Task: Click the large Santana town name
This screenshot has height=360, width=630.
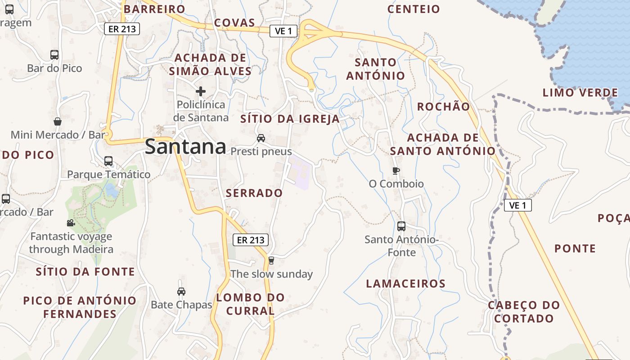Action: pyautogui.click(x=185, y=147)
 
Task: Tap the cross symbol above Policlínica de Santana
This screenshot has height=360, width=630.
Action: pyautogui.click(x=201, y=91)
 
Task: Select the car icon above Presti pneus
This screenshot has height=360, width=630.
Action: pyautogui.click(x=261, y=138)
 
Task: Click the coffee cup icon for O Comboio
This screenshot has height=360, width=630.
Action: pyautogui.click(x=396, y=171)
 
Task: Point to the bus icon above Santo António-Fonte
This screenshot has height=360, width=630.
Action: pyautogui.click(x=401, y=226)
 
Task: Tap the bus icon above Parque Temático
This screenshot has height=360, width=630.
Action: pyautogui.click(x=108, y=161)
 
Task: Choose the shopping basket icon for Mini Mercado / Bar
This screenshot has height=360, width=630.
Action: pyautogui.click(x=58, y=121)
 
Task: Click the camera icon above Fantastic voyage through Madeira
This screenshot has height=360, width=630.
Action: pyautogui.click(x=71, y=223)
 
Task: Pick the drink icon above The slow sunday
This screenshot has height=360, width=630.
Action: pyautogui.click(x=271, y=260)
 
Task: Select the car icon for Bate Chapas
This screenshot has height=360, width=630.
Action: pyautogui.click(x=181, y=292)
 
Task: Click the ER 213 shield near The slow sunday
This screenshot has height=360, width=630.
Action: pyautogui.click(x=251, y=240)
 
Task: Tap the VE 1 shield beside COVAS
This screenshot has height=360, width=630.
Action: pyautogui.click(x=283, y=31)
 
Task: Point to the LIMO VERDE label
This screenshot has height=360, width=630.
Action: pyautogui.click(x=580, y=93)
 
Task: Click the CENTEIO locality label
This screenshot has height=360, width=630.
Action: pyautogui.click(x=414, y=9)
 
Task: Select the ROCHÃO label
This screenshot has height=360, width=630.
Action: pyautogui.click(x=443, y=107)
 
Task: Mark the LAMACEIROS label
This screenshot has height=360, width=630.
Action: pyautogui.click(x=405, y=284)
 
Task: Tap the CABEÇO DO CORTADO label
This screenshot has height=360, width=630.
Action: pyautogui.click(x=524, y=312)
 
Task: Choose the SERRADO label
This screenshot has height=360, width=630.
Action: pyautogui.click(x=254, y=193)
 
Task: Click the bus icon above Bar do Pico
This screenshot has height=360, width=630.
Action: pyautogui.click(x=54, y=55)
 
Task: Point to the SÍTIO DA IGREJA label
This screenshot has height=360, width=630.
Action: pyautogui.click(x=290, y=119)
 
